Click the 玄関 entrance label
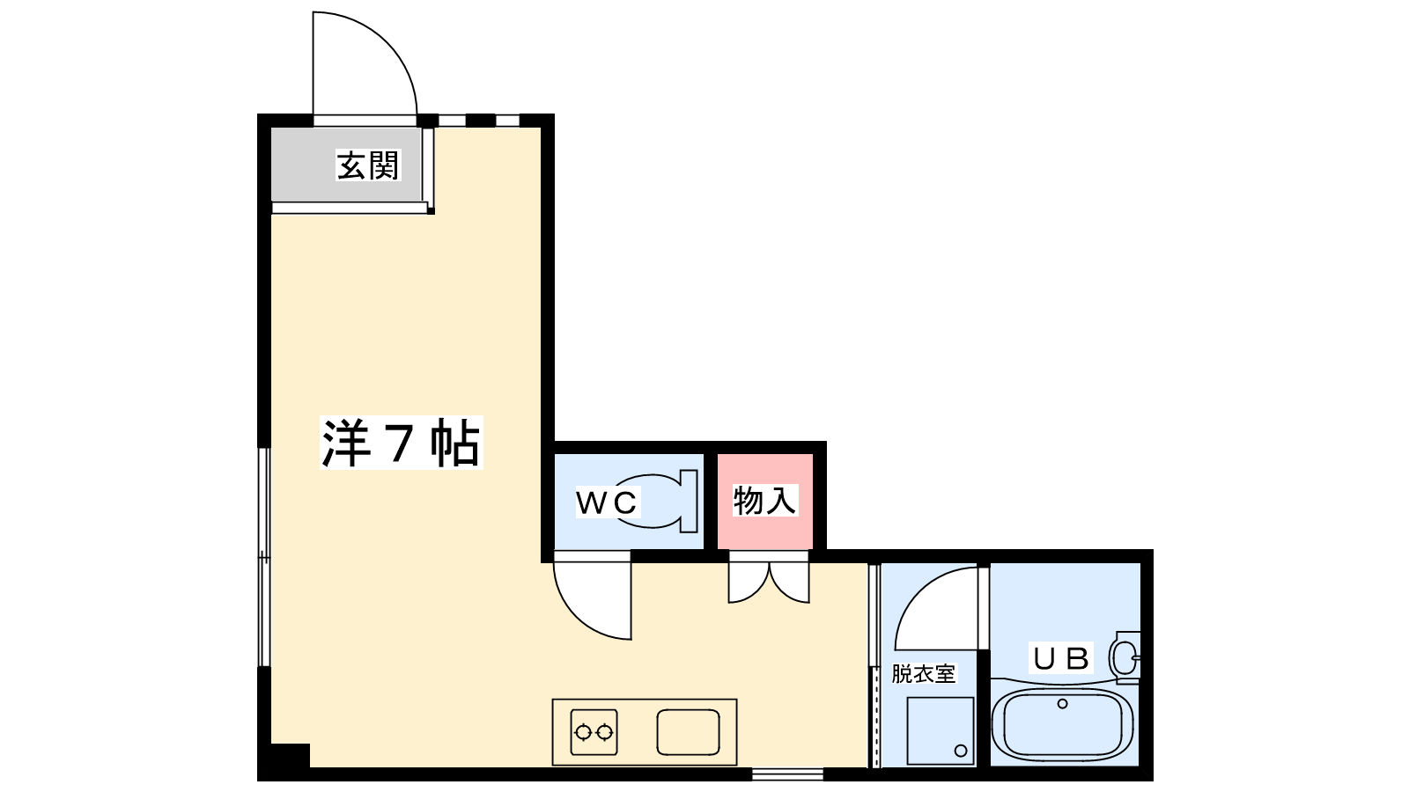tap(368, 165)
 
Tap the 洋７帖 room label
tap(401, 444)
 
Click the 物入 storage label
tap(764, 501)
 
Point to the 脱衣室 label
tap(923, 674)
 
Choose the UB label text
tap(1061, 658)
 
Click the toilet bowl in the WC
tap(656, 502)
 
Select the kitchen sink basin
tap(688, 731)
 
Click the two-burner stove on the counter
tap(594, 731)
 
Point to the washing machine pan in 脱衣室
tap(941, 730)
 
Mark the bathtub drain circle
tap(1062, 704)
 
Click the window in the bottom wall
tap(787, 774)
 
